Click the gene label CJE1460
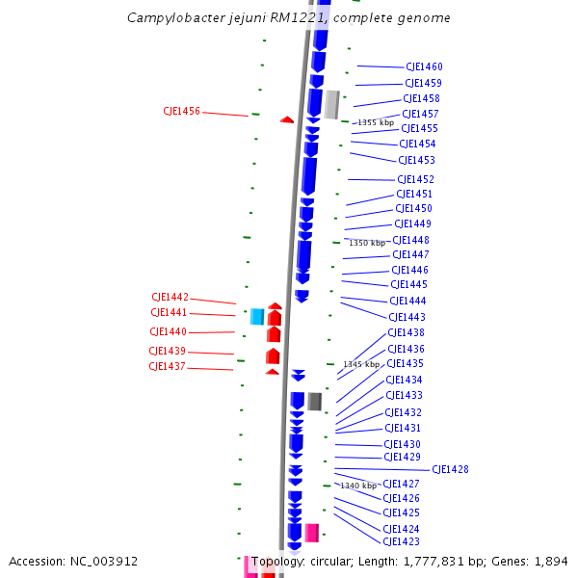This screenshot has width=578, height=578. coord(424,66)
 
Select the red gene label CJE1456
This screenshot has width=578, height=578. coord(182,111)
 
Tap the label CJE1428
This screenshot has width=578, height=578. coord(450,469)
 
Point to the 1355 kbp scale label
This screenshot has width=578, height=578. coord(376,122)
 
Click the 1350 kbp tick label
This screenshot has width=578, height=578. coord(367,243)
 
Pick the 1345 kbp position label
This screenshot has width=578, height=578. coord(361,364)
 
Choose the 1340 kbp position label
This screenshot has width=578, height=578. coord(358,486)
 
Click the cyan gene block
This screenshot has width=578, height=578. coord(257,316)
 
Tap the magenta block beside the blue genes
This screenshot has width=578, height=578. coord(312,533)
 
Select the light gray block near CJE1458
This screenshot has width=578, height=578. coord(332,104)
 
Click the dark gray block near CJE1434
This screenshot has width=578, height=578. coord(314,401)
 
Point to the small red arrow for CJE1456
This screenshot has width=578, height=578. coord(287,119)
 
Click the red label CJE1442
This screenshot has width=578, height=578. coord(170,297)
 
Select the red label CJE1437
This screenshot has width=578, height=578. coord(167,366)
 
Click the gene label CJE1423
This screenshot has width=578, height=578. coord(401,542)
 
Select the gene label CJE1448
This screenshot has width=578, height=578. coord(411,240)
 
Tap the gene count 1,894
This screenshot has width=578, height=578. coord(551,561)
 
